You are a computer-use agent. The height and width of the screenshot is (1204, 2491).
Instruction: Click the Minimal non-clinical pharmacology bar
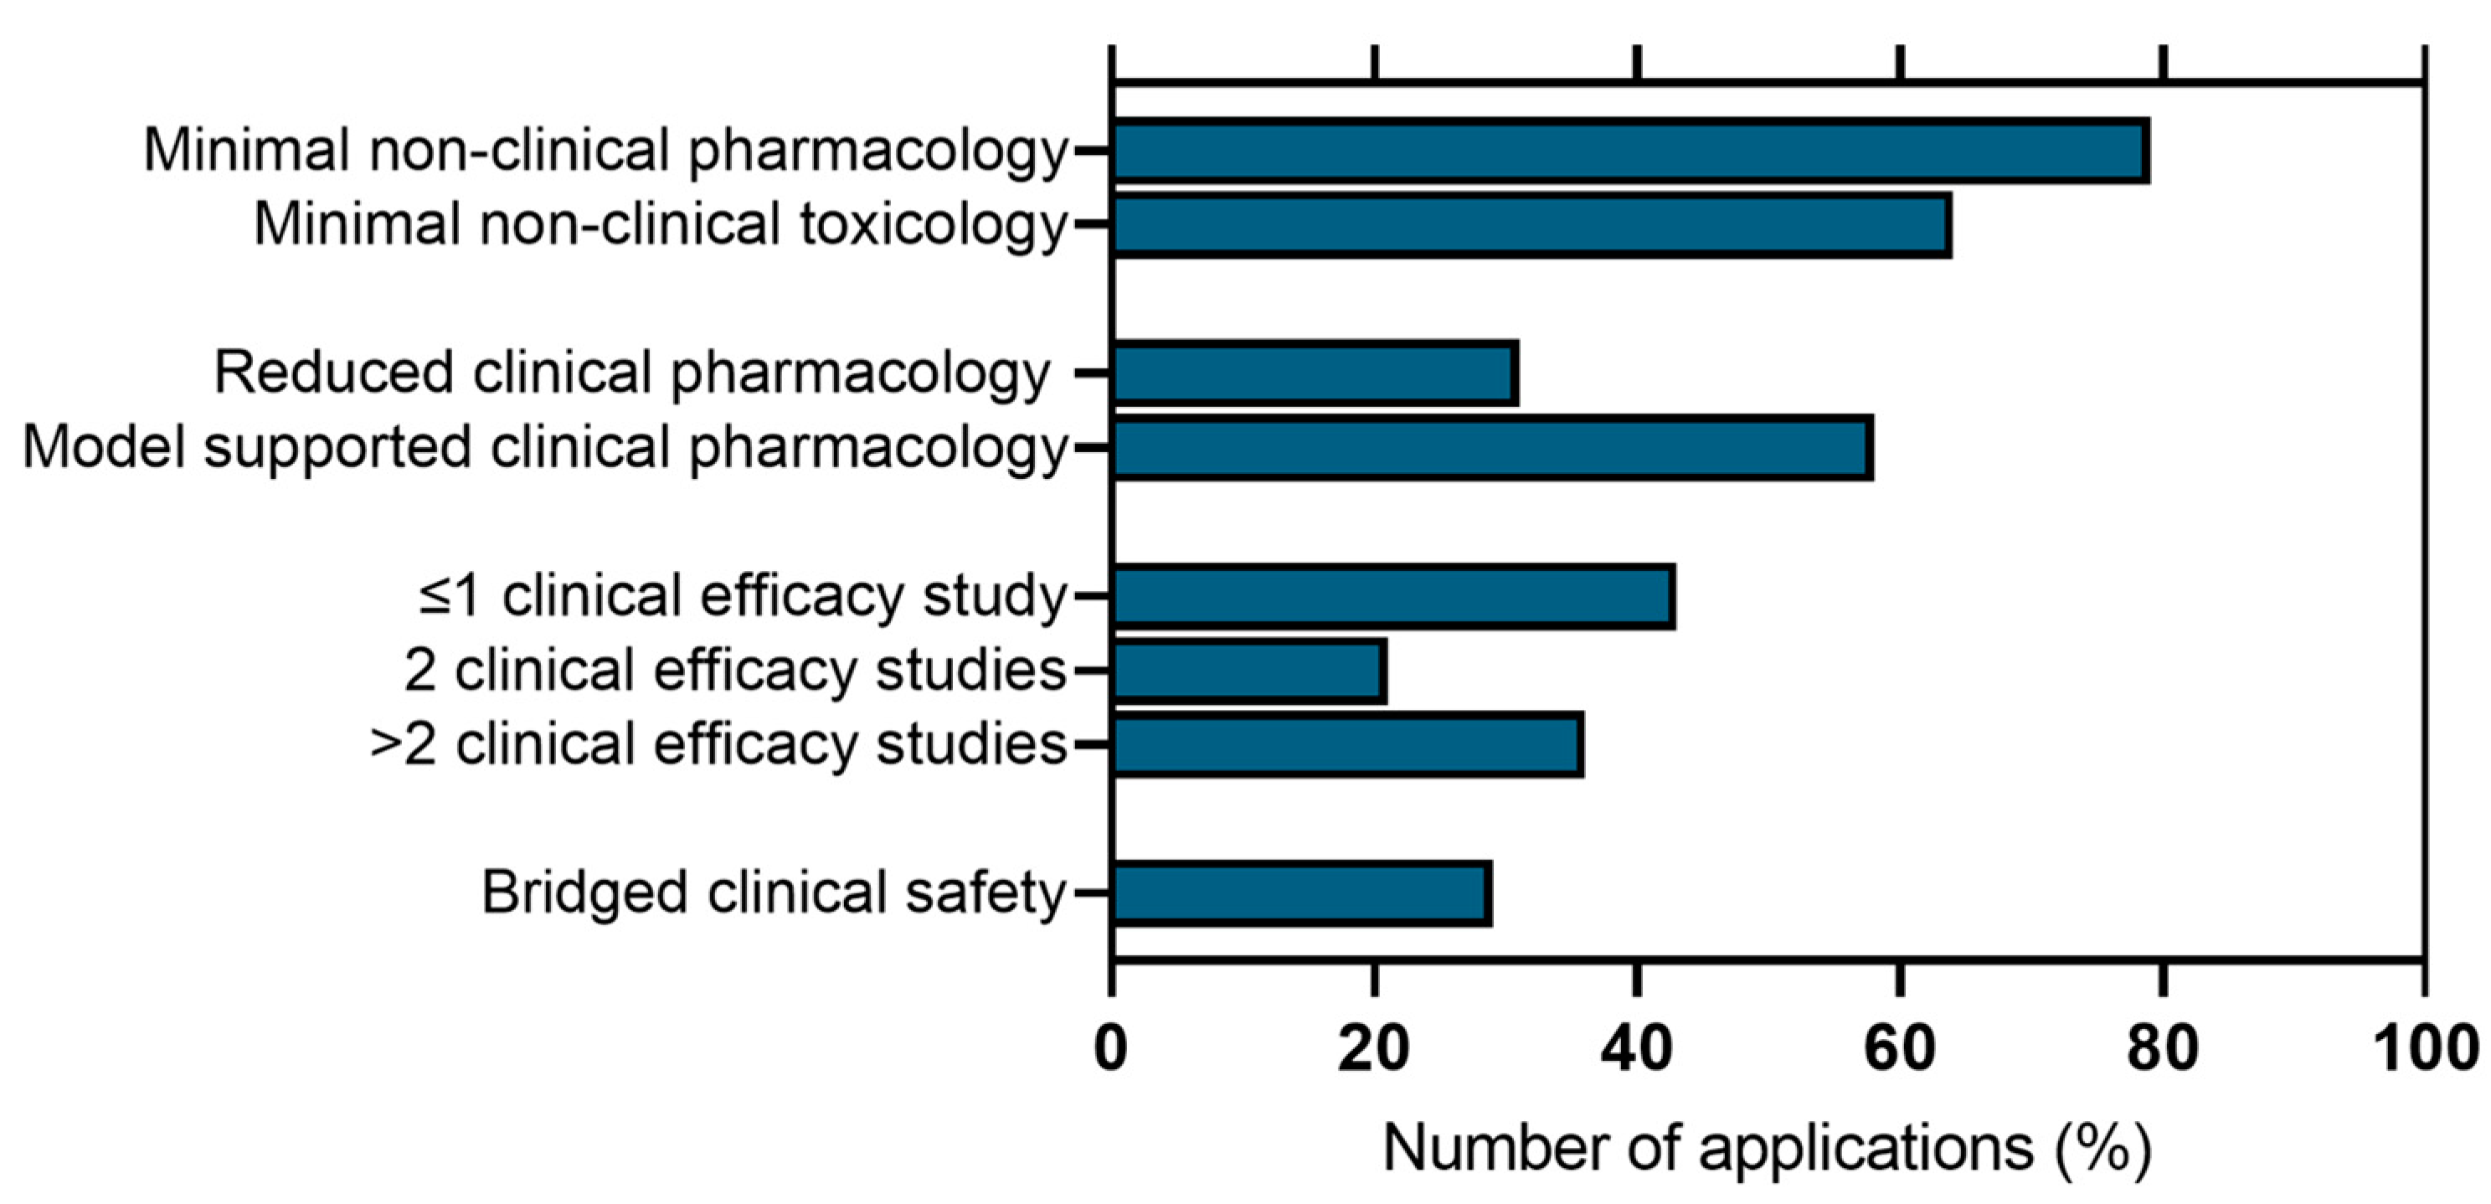(1629, 152)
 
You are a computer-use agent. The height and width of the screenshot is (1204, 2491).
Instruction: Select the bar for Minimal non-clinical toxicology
(1531, 225)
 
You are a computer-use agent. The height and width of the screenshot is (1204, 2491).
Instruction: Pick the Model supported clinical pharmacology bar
(1491, 448)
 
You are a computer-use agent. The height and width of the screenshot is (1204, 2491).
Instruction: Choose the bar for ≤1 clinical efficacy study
(1392, 597)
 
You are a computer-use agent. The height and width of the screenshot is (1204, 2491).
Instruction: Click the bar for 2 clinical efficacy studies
(1248, 670)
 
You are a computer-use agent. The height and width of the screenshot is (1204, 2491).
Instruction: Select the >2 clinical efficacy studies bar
(1347, 744)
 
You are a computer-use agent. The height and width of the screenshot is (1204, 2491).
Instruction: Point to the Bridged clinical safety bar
(1300, 893)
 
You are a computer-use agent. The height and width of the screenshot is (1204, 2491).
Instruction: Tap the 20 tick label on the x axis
(1374, 1047)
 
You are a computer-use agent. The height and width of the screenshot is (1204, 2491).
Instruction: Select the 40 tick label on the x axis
(1637, 1047)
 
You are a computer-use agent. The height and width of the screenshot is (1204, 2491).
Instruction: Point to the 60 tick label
(1900, 1047)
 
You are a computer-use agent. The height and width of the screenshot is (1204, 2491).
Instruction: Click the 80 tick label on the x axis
(2163, 1047)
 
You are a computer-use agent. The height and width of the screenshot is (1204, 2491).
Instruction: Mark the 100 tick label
(2425, 1047)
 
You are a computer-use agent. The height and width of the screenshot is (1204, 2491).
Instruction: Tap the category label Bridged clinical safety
(774, 893)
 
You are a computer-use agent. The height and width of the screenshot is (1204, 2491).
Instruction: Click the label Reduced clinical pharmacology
(631, 373)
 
